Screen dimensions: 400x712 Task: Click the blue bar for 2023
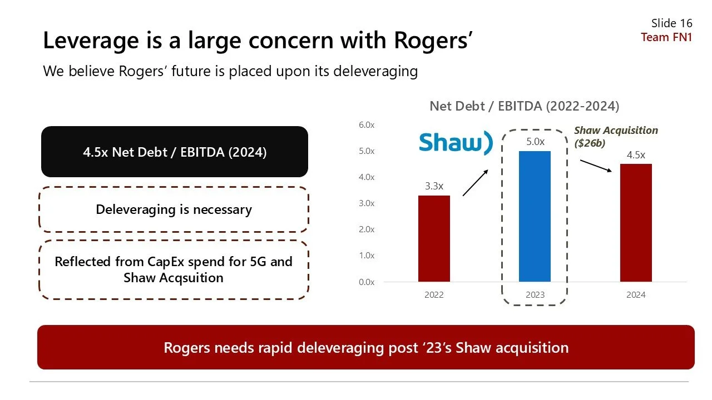click(x=535, y=216)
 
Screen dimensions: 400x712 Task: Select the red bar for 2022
click(x=434, y=238)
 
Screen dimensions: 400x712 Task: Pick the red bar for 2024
click(x=635, y=222)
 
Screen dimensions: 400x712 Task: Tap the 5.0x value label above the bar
click(x=535, y=142)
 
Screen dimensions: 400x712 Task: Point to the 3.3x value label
click(x=434, y=187)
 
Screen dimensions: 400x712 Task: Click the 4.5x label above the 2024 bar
click(x=636, y=155)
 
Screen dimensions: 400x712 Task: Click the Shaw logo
click(x=456, y=142)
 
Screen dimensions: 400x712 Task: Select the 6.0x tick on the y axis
click(x=366, y=125)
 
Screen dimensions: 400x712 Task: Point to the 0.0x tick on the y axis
click(x=366, y=282)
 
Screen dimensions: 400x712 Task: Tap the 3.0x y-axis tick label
click(x=366, y=203)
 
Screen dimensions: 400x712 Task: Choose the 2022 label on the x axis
click(x=434, y=295)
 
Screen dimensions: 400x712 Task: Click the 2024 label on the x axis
click(x=636, y=295)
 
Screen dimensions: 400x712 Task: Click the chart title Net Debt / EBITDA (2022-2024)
click(x=524, y=106)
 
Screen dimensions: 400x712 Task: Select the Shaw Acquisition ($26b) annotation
click(x=616, y=136)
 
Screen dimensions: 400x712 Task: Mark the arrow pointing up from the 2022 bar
click(x=475, y=183)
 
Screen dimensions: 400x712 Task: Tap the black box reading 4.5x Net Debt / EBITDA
click(x=175, y=152)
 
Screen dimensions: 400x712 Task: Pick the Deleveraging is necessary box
click(x=174, y=209)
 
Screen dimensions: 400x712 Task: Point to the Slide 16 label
click(x=671, y=23)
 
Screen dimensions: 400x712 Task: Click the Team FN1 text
click(x=666, y=37)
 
